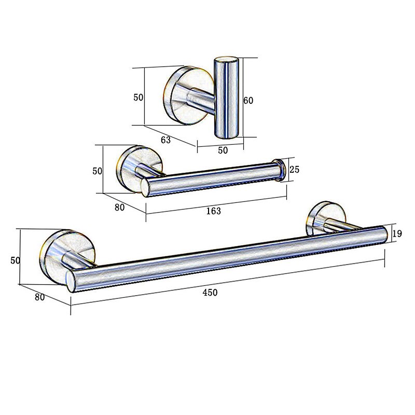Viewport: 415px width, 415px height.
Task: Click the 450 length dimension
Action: tap(210, 293)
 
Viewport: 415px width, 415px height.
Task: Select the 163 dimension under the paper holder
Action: tap(213, 211)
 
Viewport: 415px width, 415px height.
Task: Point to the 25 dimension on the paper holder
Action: tap(294, 169)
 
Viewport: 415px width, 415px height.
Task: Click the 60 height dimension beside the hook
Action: tap(248, 101)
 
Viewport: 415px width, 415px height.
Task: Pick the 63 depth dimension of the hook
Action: tap(165, 139)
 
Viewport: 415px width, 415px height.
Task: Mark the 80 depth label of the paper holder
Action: tap(120, 207)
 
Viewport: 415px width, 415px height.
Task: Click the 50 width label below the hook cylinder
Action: tap(223, 150)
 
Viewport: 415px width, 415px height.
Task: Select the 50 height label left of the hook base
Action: tap(138, 97)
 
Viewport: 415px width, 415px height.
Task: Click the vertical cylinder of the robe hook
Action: tap(226, 99)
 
